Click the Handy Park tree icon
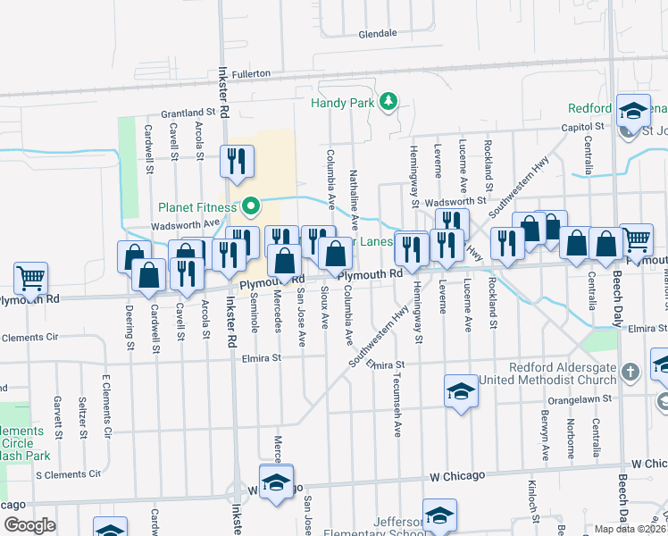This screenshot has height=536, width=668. (388, 103)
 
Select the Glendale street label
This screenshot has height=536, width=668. (377, 33)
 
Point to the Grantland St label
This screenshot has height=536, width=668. (189, 113)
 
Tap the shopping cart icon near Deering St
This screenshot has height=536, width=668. (30, 278)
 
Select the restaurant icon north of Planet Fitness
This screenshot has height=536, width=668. (237, 161)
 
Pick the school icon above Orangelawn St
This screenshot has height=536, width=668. (461, 390)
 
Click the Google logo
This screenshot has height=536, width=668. (29, 525)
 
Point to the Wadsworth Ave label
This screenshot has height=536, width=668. (185, 224)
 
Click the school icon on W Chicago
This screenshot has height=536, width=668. (277, 482)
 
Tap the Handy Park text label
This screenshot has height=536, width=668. (342, 103)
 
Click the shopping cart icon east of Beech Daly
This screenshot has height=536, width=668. (636, 239)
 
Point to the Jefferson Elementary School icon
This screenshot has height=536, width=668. (439, 515)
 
